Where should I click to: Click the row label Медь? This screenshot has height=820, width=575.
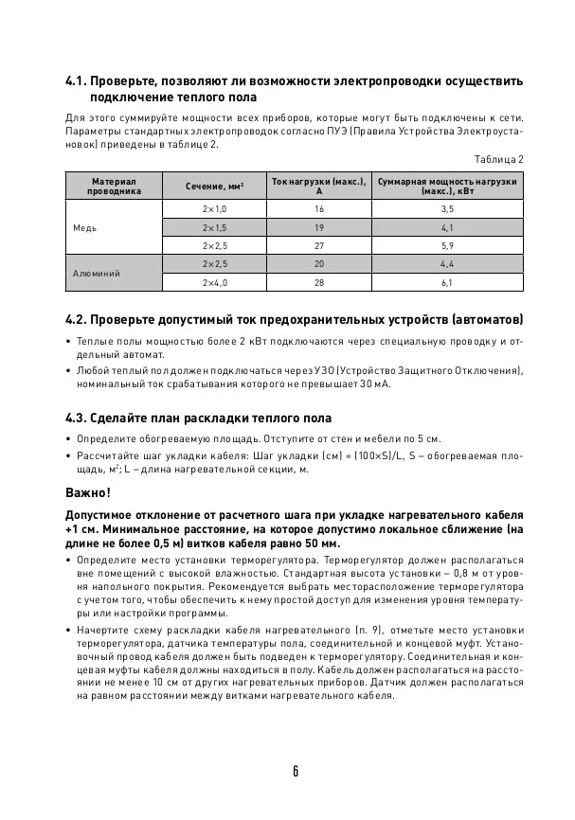(x=85, y=227)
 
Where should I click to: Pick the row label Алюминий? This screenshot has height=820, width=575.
(x=96, y=273)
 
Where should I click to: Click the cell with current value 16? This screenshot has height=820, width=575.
(x=319, y=208)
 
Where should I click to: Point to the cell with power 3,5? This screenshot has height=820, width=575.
(x=447, y=208)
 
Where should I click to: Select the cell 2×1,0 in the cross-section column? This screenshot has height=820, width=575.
(x=215, y=208)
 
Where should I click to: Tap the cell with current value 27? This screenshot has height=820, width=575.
(x=319, y=245)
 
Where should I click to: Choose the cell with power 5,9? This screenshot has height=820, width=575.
(x=447, y=245)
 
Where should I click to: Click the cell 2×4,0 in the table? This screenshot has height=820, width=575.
(x=215, y=282)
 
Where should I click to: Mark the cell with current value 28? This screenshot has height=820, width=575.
(x=319, y=282)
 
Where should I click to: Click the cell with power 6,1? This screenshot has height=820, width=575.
(x=447, y=282)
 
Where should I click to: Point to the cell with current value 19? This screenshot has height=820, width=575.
(x=319, y=227)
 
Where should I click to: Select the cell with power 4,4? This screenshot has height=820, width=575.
(x=447, y=263)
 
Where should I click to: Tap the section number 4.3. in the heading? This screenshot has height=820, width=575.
(x=77, y=417)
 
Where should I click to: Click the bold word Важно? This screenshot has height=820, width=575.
(x=87, y=492)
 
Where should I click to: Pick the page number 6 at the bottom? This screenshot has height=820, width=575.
(x=296, y=771)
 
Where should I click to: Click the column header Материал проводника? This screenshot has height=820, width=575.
(x=114, y=186)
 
